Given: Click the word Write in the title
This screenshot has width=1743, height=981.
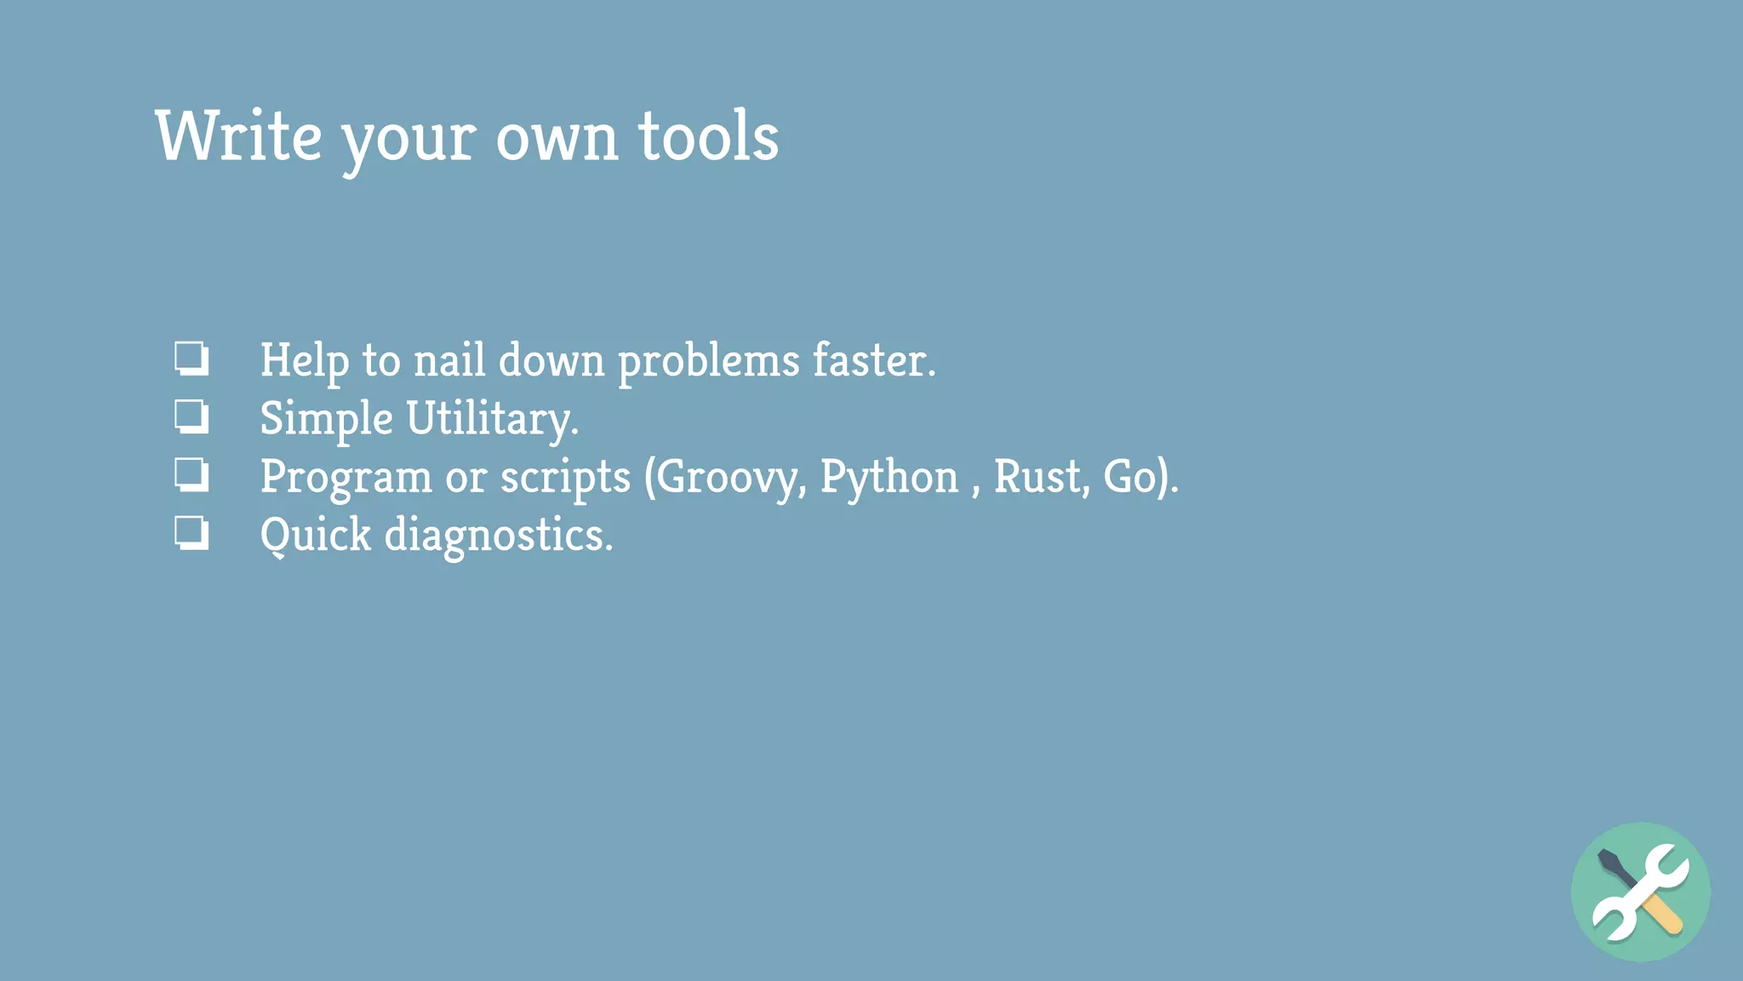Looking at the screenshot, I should click(x=239, y=136).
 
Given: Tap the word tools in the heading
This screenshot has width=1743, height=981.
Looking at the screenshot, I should click(x=708, y=136).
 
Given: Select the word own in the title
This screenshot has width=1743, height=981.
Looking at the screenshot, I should click(x=557, y=138).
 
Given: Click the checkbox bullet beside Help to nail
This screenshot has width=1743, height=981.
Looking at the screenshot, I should click(x=191, y=359).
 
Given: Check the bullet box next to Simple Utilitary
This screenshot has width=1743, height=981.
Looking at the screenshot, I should click(x=191, y=417).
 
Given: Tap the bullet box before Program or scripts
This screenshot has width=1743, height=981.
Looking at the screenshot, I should click(x=191, y=475).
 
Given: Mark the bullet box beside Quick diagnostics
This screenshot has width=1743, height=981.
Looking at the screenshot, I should click(x=191, y=534).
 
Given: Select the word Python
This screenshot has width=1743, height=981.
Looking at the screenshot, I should click(x=889, y=477).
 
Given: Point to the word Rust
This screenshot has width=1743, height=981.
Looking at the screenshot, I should click(x=1040, y=476).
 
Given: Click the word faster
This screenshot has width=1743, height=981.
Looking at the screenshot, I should click(x=872, y=360).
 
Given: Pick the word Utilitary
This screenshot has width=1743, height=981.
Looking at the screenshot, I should click(x=491, y=419).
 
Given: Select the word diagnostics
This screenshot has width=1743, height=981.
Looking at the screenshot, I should click(x=498, y=536).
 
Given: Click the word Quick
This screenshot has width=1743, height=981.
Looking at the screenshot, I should click(x=316, y=536).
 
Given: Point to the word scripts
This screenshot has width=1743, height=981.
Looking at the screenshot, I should click(x=565, y=477).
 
